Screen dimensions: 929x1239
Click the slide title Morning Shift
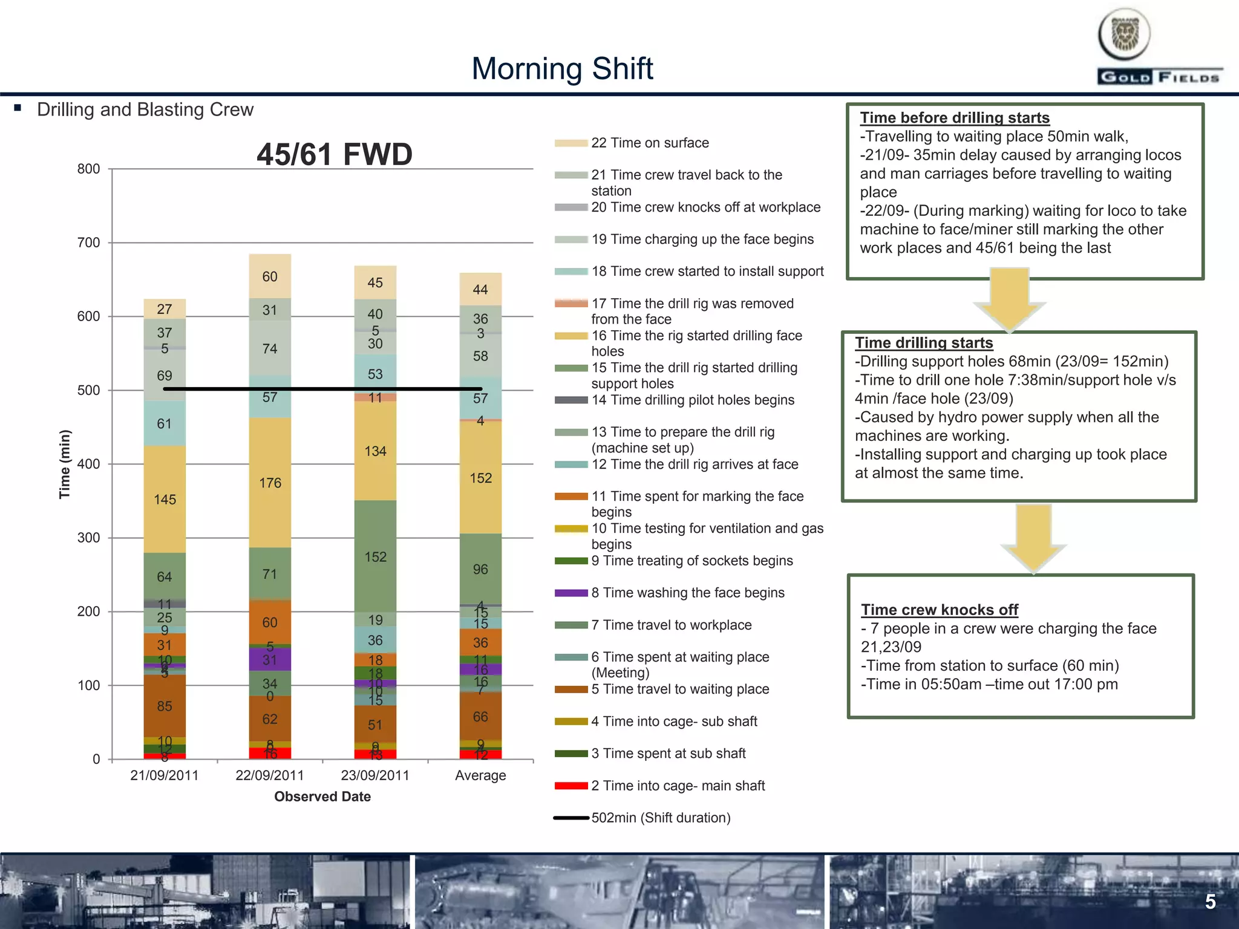pyautogui.click(x=562, y=68)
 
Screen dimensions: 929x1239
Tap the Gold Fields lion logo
pyautogui.click(x=1124, y=34)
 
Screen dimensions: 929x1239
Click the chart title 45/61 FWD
pyautogui.click(x=334, y=154)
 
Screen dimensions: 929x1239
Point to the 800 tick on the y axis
pyautogui.click(x=88, y=169)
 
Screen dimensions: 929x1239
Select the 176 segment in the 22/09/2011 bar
pyautogui.click(x=270, y=483)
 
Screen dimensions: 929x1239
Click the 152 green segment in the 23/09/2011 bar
pyautogui.click(x=375, y=556)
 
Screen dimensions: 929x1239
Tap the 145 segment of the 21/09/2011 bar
pyautogui.click(x=165, y=500)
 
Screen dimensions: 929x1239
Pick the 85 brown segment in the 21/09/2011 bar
pyautogui.click(x=165, y=706)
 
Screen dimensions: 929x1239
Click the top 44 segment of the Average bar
pyautogui.click(x=480, y=290)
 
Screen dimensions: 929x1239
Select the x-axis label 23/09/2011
pyautogui.click(x=375, y=775)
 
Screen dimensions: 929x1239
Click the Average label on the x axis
pyautogui.click(x=480, y=775)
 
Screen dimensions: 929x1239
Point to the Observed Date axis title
pyautogui.click(x=322, y=797)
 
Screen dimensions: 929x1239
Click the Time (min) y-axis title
pyautogui.click(x=65, y=464)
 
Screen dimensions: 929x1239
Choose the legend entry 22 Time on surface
pyautogui.click(x=650, y=143)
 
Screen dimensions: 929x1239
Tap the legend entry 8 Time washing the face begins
pyautogui.click(x=687, y=593)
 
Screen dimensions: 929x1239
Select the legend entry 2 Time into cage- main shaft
pyautogui.click(x=678, y=786)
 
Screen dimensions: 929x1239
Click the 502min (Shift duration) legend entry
pyautogui.click(x=661, y=818)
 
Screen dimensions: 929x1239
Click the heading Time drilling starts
pyautogui.click(x=924, y=343)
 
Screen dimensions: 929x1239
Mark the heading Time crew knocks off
pyautogui.click(x=940, y=610)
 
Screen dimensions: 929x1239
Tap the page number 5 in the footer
pyautogui.click(x=1210, y=902)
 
